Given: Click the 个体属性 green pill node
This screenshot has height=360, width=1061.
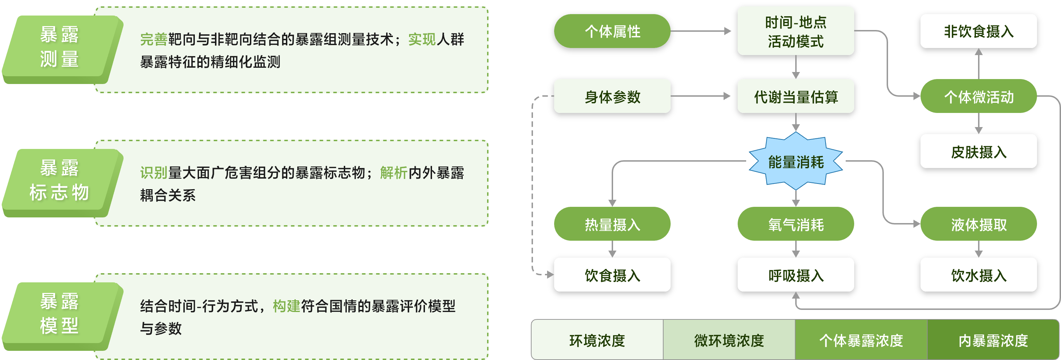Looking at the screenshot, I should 612,31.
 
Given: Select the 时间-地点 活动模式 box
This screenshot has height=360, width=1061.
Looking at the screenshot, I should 795,31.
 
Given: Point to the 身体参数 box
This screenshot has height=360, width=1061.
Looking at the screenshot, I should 612,96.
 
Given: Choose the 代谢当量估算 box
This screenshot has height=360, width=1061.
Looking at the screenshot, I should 795,96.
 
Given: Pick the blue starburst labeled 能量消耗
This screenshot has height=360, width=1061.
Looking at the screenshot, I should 795,161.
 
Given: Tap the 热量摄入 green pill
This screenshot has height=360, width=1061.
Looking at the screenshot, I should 612,224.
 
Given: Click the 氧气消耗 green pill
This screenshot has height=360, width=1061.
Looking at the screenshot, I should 795,224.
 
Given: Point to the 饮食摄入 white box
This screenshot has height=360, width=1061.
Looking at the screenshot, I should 612,275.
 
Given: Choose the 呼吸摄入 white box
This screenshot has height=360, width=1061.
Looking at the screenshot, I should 795,275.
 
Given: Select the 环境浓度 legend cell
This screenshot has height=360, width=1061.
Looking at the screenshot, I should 597,340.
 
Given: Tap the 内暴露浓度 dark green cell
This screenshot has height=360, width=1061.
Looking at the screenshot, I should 993,340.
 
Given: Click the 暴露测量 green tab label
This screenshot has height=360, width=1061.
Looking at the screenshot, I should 60,47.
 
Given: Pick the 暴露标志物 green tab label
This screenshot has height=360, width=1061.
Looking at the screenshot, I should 60,180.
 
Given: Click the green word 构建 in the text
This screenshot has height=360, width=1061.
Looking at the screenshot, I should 286,306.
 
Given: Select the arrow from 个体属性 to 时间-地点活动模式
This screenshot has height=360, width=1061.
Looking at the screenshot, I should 701,31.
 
